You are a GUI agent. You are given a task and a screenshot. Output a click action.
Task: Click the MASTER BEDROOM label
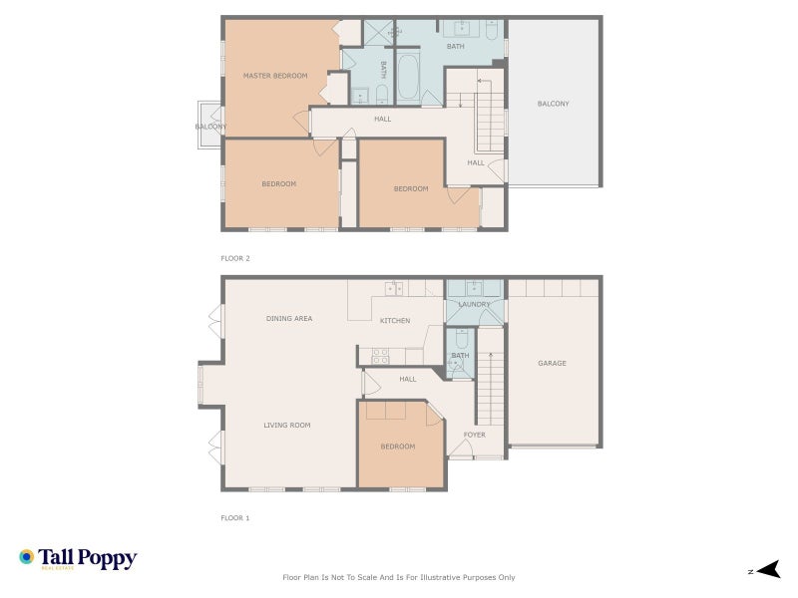[275, 76]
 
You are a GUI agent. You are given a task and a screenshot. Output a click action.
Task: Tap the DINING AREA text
[289, 319]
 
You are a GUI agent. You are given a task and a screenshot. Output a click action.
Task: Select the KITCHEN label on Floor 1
[395, 321]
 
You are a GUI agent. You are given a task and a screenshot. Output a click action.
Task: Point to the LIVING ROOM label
[286, 426]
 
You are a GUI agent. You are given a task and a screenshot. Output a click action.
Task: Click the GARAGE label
[552, 363]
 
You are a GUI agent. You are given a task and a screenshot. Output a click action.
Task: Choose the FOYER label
[474, 435]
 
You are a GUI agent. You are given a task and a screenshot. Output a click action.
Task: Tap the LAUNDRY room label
[474, 304]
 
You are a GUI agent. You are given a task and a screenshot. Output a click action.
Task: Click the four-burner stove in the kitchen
[380, 353]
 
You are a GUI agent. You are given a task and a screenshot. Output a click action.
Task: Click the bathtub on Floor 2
[409, 80]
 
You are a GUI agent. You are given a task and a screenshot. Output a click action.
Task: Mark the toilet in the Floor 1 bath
[458, 365]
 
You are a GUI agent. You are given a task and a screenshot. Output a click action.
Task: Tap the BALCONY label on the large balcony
[553, 104]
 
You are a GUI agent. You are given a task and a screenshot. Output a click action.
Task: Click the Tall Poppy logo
[78, 559]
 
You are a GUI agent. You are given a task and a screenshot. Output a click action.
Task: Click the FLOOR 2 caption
[235, 258]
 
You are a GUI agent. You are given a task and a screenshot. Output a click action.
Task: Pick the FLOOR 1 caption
[235, 518]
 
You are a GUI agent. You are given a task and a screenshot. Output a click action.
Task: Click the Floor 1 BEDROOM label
[398, 447]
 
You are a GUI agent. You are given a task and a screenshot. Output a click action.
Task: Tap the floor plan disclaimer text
[399, 577]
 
